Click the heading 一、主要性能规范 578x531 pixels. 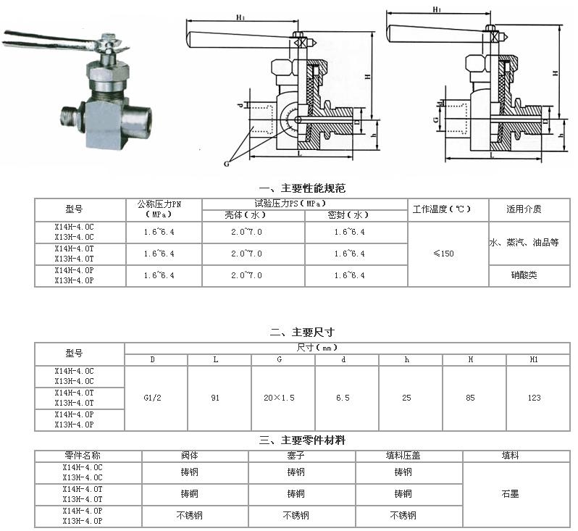point(302,188)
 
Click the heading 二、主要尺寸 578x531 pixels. point(302,333)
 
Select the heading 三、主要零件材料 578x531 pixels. point(302,440)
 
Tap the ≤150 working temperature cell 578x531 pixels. point(444,254)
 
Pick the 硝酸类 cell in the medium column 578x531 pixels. point(524,275)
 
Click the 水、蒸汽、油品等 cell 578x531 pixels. point(524,242)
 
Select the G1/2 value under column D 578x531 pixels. point(152,398)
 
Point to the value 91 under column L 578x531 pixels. point(215,398)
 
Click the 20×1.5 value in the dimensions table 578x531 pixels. point(279,398)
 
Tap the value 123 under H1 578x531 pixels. point(534,398)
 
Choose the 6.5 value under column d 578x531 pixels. point(343,398)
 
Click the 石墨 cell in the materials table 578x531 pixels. point(511,494)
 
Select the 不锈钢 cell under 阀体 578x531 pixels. point(190,516)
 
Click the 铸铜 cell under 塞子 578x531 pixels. point(296,494)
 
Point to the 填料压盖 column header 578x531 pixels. point(403,456)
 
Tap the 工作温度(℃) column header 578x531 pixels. point(442,209)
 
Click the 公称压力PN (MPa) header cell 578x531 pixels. point(159,209)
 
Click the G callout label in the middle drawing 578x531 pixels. point(226,164)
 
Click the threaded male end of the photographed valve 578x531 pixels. point(70,116)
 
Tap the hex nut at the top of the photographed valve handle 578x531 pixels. point(107,37)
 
